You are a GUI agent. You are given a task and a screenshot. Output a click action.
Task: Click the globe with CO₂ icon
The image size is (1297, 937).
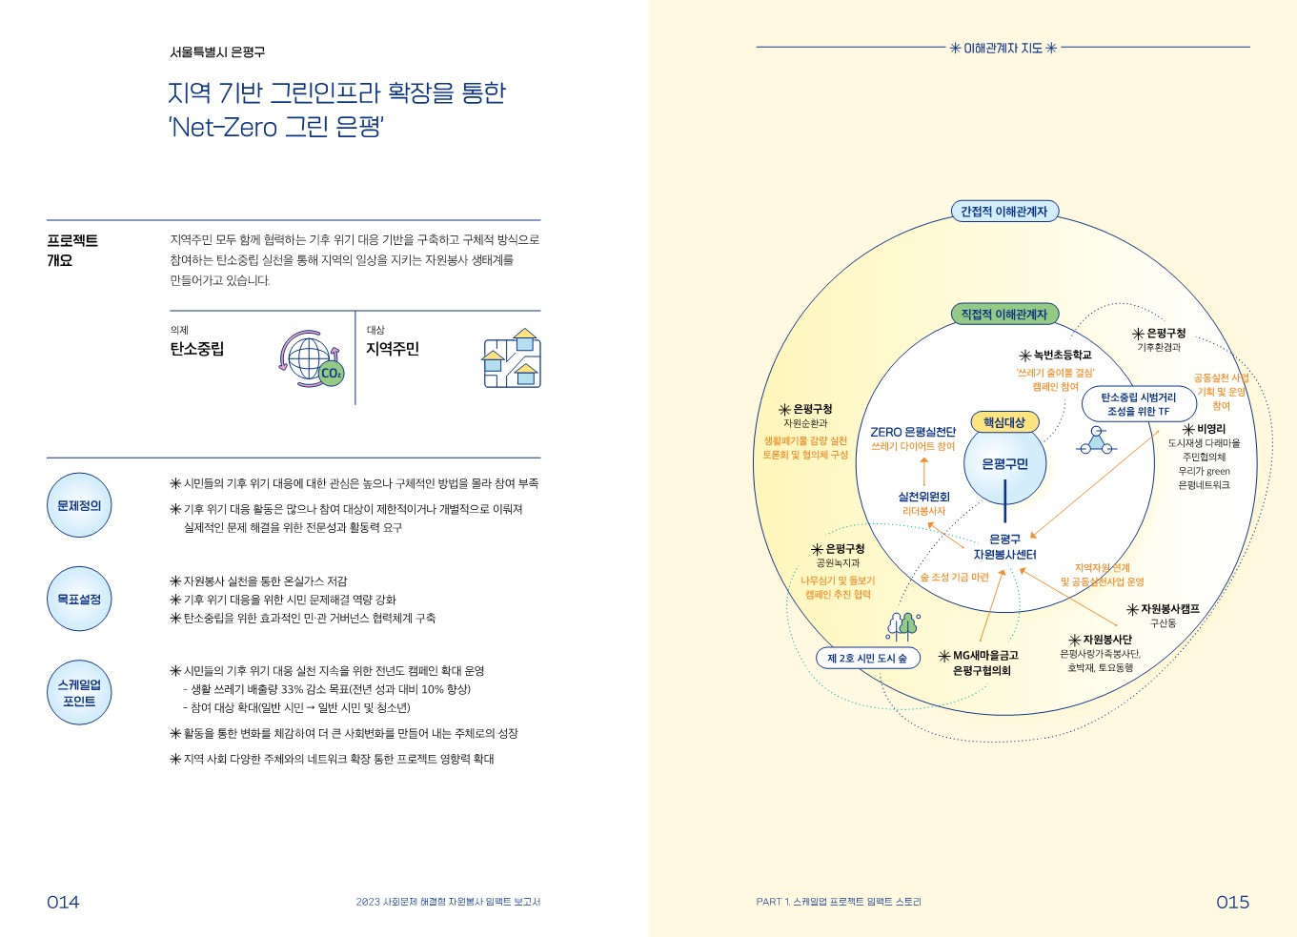click(312, 359)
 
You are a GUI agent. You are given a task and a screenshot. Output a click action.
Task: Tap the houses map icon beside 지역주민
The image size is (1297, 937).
click(512, 358)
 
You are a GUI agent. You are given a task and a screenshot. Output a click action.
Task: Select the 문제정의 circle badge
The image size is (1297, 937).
click(79, 505)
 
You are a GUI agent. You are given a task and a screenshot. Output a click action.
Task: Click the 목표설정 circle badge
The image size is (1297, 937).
click(79, 599)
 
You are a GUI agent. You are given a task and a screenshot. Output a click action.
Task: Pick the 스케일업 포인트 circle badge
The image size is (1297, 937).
click(79, 693)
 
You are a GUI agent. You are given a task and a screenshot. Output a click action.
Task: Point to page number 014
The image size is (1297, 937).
click(63, 902)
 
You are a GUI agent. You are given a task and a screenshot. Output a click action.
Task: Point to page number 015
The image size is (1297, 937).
click(1232, 902)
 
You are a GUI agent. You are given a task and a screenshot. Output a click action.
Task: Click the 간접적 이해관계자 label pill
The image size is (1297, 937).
click(1003, 212)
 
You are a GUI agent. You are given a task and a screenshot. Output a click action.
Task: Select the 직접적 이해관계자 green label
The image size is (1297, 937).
click(1003, 315)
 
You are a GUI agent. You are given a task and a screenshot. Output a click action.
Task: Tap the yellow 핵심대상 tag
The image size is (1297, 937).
click(1003, 422)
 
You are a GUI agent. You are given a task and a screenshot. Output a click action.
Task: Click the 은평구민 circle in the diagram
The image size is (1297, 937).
click(1004, 464)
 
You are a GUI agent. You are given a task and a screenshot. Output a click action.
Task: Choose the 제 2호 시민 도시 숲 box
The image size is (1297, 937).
click(867, 658)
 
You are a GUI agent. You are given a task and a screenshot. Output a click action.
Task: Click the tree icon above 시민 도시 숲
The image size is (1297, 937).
click(902, 624)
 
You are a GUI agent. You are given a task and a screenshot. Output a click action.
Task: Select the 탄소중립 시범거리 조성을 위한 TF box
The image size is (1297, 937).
click(1138, 404)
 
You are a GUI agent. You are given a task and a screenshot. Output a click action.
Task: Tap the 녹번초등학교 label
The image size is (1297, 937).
click(1056, 355)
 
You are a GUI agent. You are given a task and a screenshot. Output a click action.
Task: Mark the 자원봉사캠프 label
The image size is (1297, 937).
click(1164, 609)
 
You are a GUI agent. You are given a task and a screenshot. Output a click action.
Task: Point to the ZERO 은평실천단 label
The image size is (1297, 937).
click(913, 432)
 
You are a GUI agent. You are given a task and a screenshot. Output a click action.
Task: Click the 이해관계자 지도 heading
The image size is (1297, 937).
click(1003, 48)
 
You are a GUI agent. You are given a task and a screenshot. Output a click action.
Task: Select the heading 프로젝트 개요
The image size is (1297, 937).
click(72, 250)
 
